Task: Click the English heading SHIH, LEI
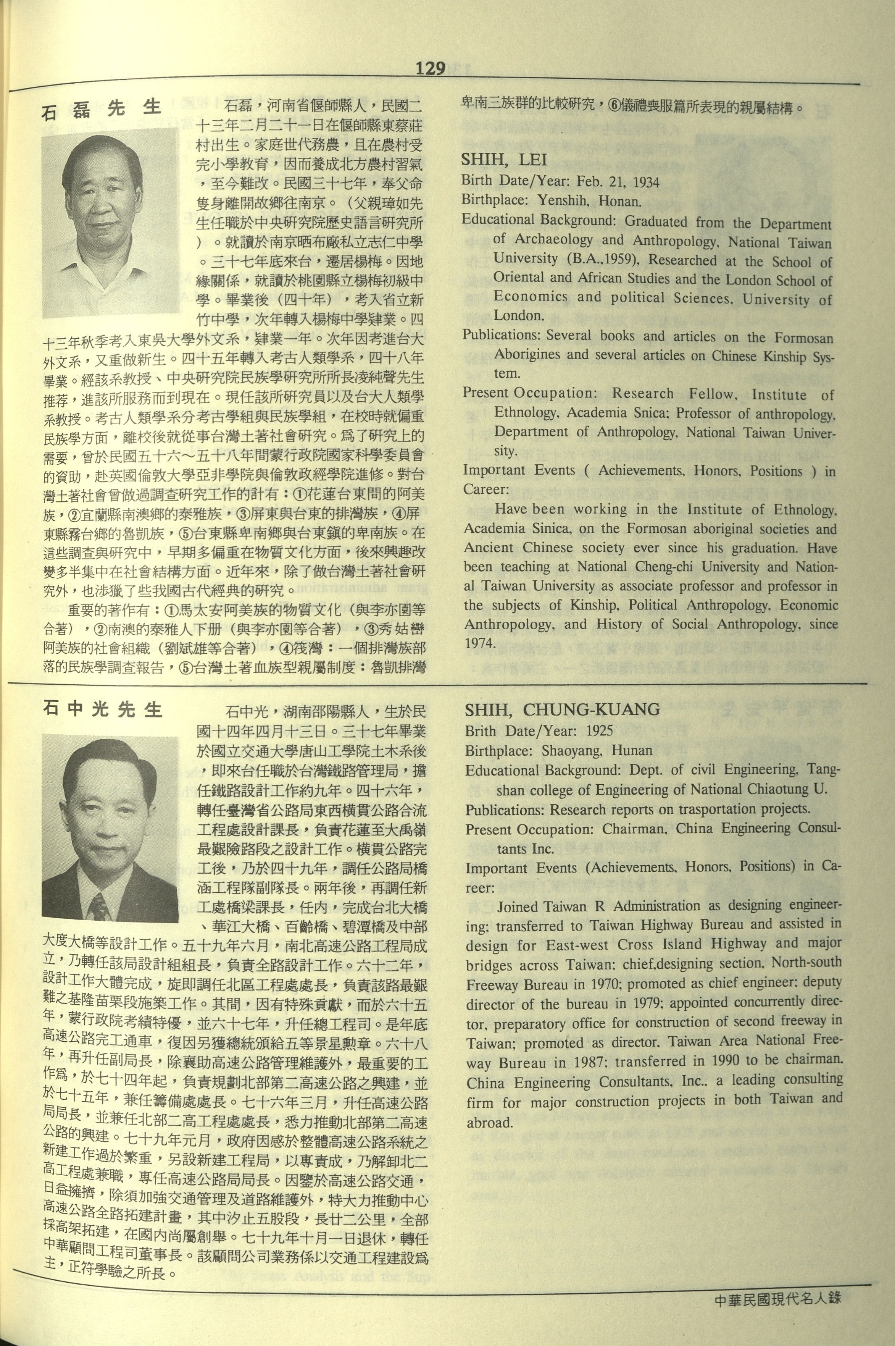[x=504, y=160]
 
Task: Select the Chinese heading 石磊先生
[x=102, y=108]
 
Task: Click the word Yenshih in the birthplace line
[x=555, y=201]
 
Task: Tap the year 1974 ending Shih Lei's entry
[x=479, y=643]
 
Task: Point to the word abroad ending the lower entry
[x=489, y=1122]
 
